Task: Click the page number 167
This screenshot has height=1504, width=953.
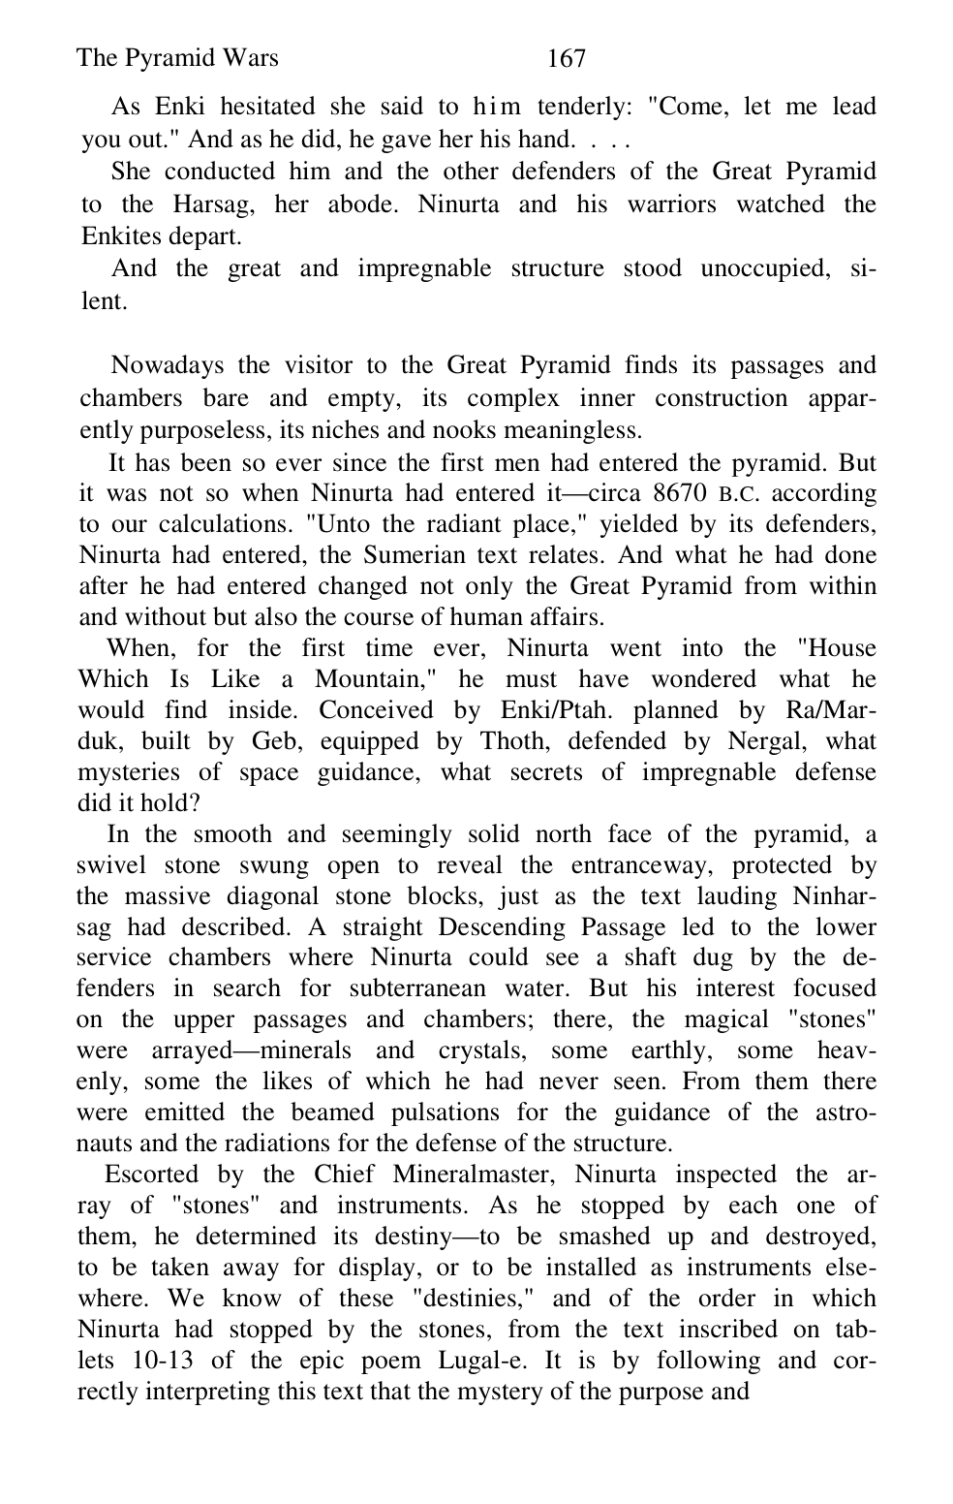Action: [566, 59]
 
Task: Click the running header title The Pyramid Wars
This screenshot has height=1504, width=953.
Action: [176, 58]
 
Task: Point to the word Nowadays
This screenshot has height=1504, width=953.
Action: [166, 365]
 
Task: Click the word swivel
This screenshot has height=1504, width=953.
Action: [109, 864]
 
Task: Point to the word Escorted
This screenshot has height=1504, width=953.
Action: [152, 1175]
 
